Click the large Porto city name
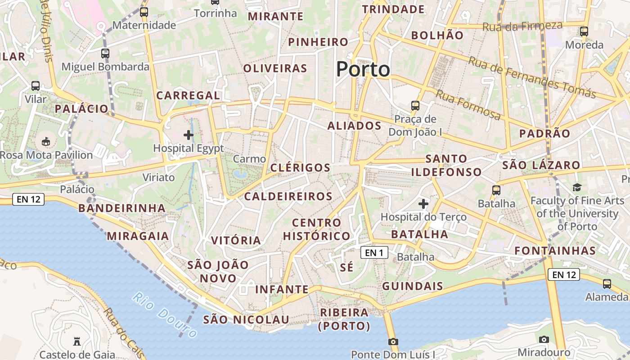pos(363,69)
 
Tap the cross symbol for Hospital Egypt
pos(189,135)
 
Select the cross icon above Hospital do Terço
pos(423,204)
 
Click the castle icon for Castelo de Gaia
pos(77,342)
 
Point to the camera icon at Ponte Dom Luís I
pos(393,342)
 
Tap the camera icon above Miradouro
pos(544,339)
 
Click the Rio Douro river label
pos(165,315)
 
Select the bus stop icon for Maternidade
pos(144,12)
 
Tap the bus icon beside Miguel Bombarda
pos(105,54)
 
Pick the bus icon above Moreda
pos(584,31)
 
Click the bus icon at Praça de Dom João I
pos(415,106)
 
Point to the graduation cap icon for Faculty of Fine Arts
pos(577,187)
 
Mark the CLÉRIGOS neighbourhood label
pos(300,168)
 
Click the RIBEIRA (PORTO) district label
pos(344,319)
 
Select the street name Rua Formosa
pos(468,105)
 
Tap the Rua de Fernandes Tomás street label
pos(532,77)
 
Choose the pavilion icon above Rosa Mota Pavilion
pos(46,142)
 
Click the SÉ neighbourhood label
pos(346,267)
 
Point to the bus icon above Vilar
pos(36,86)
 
